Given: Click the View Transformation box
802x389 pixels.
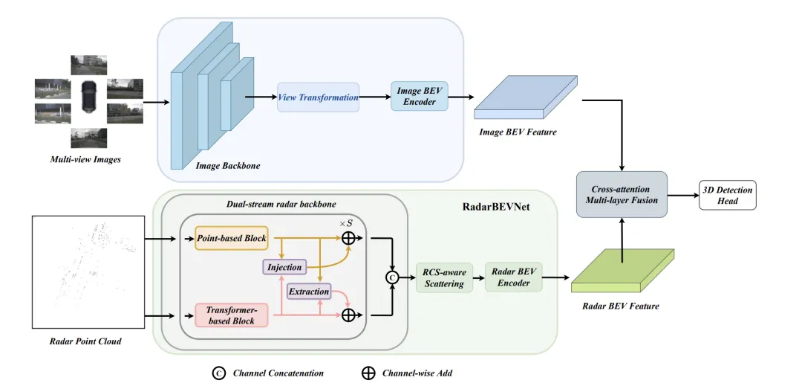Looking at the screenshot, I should [x=318, y=97].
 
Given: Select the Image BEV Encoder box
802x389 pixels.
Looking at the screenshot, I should [x=420, y=97].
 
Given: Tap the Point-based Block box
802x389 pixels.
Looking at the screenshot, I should [x=230, y=238].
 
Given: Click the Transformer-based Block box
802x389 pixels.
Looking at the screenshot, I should [x=230, y=315].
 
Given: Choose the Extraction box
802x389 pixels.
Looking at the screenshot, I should [x=308, y=292].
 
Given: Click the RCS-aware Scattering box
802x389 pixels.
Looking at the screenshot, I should [x=445, y=277].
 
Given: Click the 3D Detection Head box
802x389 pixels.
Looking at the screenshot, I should [x=728, y=195].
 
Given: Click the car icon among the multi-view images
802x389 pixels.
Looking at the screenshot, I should [x=90, y=95].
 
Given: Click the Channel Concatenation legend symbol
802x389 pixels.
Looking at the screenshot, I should [x=219, y=373].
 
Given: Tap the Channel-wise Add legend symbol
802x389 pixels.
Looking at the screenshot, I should [x=368, y=373].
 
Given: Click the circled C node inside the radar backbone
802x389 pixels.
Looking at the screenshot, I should [x=391, y=277].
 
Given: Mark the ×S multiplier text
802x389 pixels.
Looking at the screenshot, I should [x=345, y=222].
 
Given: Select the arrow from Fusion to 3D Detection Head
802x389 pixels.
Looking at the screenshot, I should [x=683, y=195].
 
